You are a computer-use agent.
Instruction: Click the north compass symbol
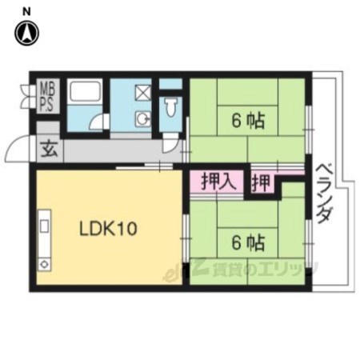click(26, 33)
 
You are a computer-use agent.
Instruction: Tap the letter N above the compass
click(26, 11)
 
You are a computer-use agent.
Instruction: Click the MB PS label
click(47, 96)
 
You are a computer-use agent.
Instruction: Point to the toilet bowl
click(170, 107)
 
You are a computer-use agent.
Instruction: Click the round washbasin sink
click(143, 119)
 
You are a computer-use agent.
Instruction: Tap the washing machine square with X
click(143, 92)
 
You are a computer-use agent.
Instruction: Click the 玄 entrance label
click(50, 150)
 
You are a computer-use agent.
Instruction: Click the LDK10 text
click(108, 229)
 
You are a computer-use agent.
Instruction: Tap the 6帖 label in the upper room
click(248, 121)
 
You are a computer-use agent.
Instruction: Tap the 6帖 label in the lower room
click(248, 242)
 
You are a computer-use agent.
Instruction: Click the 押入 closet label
click(218, 182)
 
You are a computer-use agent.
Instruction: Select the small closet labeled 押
click(262, 183)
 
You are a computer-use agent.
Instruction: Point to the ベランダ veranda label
click(325, 194)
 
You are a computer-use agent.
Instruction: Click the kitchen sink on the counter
click(44, 226)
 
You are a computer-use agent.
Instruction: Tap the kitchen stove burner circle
click(44, 265)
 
